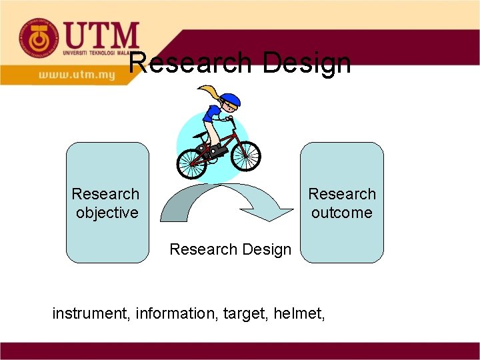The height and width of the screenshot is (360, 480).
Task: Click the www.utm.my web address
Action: [77, 75]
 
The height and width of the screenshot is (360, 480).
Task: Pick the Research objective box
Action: [107, 203]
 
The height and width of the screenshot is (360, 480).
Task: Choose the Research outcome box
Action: [342, 203]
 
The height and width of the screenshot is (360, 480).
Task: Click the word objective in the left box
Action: [107, 213]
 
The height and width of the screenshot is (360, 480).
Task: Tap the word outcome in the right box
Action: [342, 213]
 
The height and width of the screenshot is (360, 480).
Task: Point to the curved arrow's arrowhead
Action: [270, 213]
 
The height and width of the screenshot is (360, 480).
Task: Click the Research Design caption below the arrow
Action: [230, 249]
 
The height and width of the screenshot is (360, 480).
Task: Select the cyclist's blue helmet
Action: [229, 99]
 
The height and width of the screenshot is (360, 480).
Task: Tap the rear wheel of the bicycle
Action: [191, 163]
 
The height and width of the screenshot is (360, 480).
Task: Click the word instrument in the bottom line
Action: [91, 312]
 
